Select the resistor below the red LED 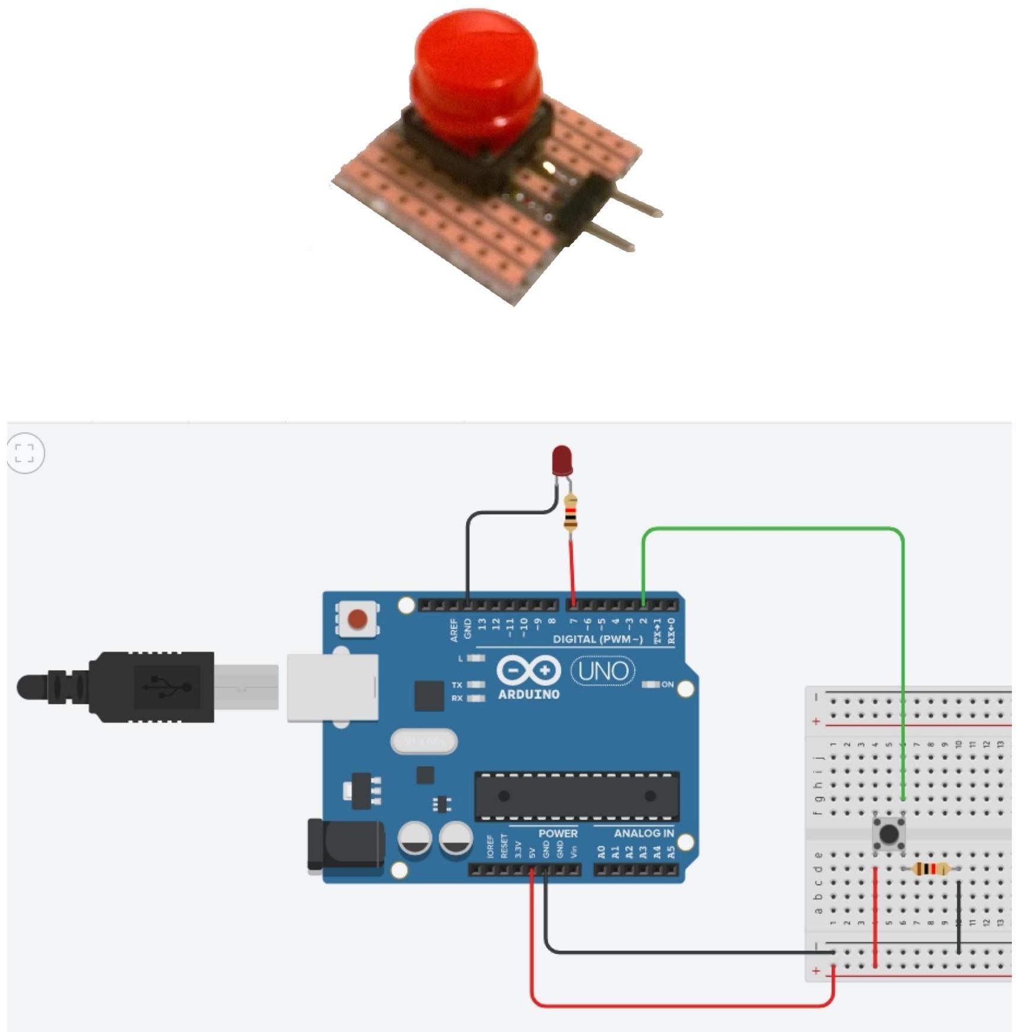pos(570,514)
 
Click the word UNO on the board pos(603,671)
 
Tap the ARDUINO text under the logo pos(528,694)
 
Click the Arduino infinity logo pos(528,671)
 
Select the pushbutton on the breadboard pos(888,834)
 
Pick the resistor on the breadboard pos(929,869)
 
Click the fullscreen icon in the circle pos(24,453)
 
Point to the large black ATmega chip pos(577,796)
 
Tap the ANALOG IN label pos(644,833)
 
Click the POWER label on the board pos(558,833)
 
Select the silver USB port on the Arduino pos(332,687)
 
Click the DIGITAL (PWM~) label pos(598,639)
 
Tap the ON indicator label pos(668,684)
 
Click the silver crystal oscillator pos(424,741)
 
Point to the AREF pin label pos(454,630)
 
